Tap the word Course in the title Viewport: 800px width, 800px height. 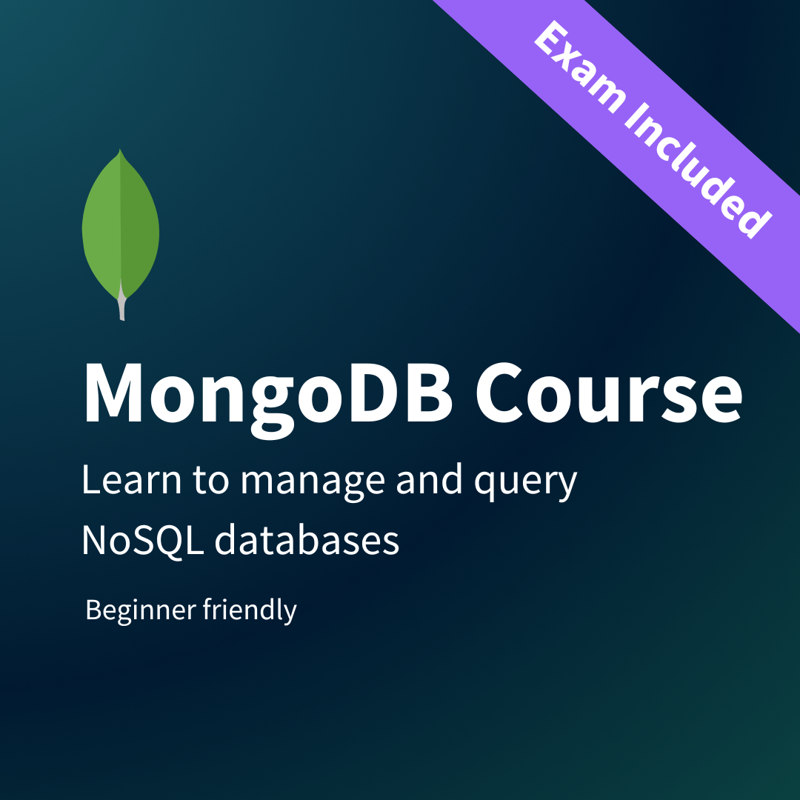click(607, 393)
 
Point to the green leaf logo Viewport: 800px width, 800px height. click(121, 226)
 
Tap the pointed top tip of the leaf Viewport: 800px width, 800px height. click(121, 153)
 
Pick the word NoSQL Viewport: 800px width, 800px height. click(141, 541)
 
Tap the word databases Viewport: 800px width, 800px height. click(307, 541)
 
